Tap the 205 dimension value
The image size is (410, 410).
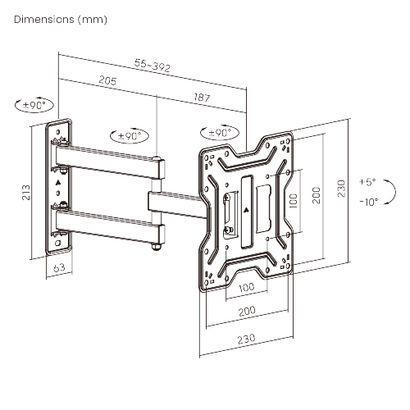tap(106, 80)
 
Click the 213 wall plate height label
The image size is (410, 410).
tap(26, 192)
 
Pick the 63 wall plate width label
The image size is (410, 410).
tap(58, 267)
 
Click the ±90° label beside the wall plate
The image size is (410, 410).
tap(34, 106)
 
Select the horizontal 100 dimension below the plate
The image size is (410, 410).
tap(246, 289)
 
